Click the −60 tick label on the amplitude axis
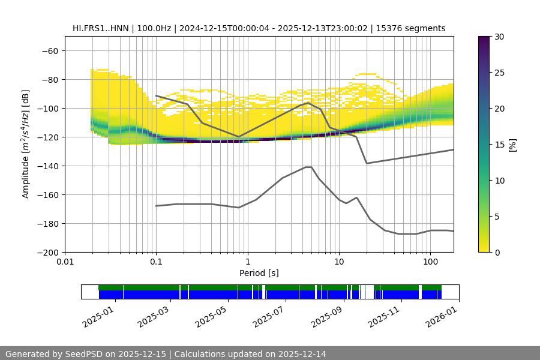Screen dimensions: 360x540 (x=49, y=50)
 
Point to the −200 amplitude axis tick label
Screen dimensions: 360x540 (x=46, y=252)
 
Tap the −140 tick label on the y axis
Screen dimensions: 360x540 (x=46, y=166)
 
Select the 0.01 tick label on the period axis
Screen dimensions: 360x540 (x=65, y=262)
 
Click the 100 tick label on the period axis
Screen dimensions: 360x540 (x=430, y=262)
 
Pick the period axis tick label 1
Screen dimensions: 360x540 (x=247, y=262)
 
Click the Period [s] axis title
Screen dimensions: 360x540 (x=259, y=273)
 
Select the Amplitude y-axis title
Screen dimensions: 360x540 (x=25, y=144)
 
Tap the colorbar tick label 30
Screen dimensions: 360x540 (x=499, y=37)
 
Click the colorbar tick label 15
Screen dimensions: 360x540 (x=499, y=145)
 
